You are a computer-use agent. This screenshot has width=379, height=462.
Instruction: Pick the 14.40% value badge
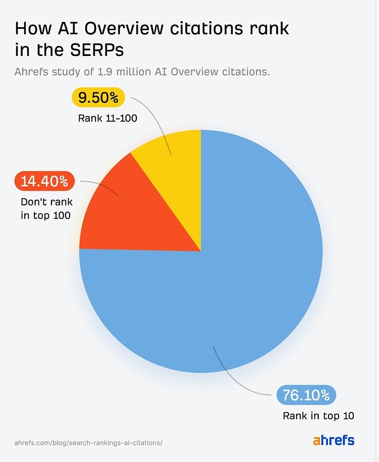click(44, 181)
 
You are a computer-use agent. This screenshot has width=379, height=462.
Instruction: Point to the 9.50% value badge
click(98, 97)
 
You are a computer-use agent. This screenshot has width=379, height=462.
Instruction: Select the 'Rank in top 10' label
click(318, 416)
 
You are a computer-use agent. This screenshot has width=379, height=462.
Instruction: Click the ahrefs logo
click(334, 440)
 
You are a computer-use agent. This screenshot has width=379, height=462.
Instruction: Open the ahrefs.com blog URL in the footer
click(88, 442)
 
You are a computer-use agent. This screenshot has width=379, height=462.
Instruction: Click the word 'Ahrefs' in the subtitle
click(30, 72)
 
